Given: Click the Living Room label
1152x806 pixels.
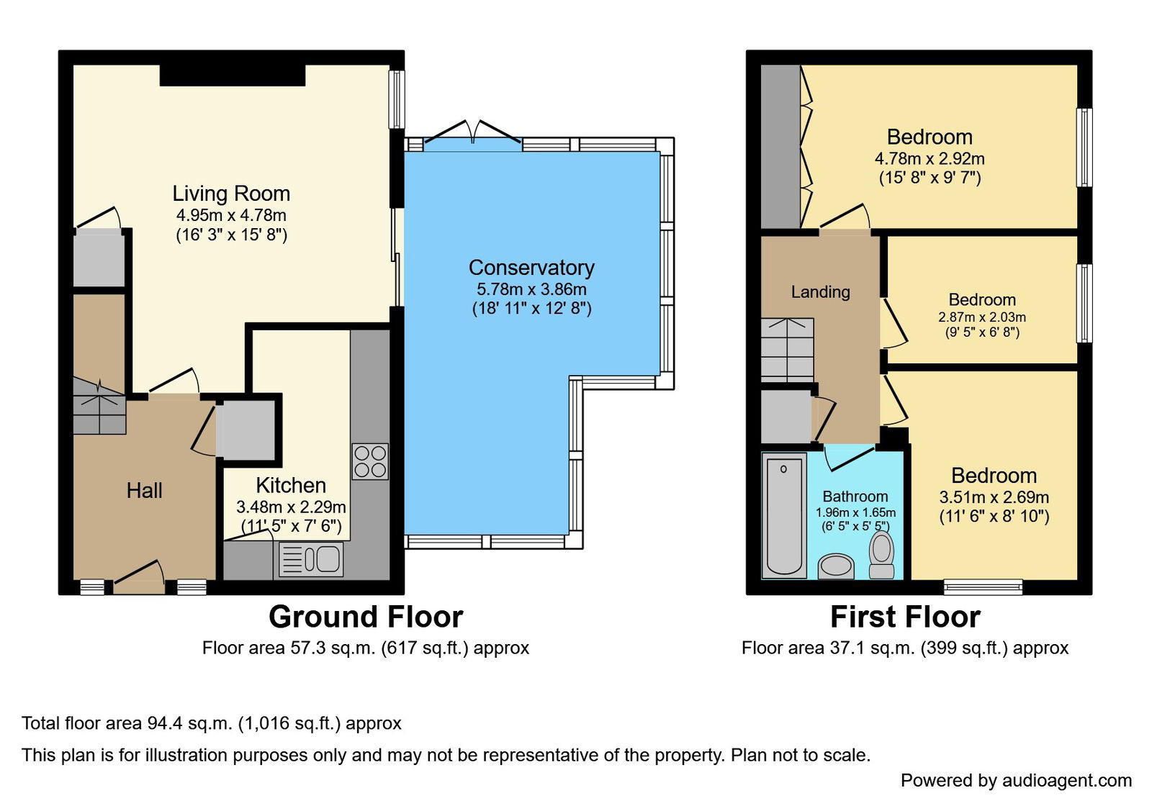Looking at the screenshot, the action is (231, 194).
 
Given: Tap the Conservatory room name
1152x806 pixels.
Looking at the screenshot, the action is (531, 268).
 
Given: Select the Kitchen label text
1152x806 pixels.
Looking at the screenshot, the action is (291, 485).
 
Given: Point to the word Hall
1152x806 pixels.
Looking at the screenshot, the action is (145, 490).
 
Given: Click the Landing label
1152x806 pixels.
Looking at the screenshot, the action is (820, 292).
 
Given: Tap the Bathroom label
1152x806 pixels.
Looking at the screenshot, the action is (855, 496).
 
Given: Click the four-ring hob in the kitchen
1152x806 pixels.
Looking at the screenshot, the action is (370, 461).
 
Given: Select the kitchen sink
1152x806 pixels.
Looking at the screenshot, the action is (311, 559).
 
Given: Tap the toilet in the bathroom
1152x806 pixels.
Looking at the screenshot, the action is (881, 555).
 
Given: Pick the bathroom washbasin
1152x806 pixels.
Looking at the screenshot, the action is (836, 566).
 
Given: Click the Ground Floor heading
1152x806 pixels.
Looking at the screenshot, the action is (366, 617).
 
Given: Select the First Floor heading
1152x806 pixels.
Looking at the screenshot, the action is (905, 617).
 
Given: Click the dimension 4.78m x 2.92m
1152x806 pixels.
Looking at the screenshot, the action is (930, 158).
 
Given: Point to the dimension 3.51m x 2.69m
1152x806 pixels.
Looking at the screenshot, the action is (994, 497).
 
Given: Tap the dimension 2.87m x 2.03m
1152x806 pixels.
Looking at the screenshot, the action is (982, 317).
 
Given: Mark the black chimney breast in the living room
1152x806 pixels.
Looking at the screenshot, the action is (233, 75).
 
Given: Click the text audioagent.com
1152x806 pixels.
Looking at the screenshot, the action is (1066, 781).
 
